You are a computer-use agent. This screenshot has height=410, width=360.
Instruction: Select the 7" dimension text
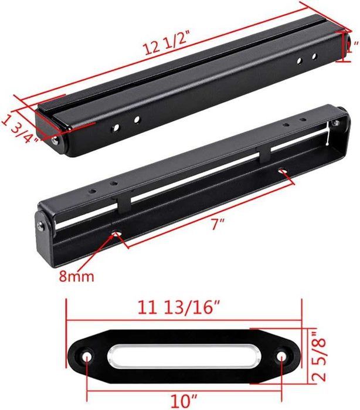coord(218,224)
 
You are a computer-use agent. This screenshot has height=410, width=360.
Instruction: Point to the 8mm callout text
coord(76,276)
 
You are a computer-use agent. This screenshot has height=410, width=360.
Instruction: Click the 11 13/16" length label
coord(179,307)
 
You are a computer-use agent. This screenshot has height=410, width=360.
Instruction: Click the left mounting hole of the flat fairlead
coord(87,357)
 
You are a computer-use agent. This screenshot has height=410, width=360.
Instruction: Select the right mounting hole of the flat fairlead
coord(281,356)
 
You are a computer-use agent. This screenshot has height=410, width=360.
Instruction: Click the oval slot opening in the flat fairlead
coord(184,357)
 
